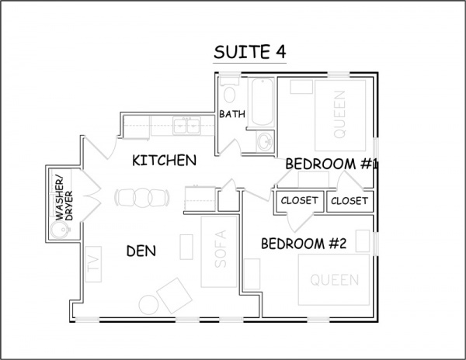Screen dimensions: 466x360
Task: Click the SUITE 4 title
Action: (x=249, y=52)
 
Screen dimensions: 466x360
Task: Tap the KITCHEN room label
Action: (x=164, y=161)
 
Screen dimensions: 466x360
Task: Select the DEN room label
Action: (x=141, y=251)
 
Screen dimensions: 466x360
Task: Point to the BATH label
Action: (x=232, y=114)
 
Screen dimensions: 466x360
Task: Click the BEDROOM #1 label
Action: (x=331, y=164)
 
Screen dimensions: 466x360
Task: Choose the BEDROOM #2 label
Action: (x=304, y=244)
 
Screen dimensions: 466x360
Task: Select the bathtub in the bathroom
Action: (x=262, y=102)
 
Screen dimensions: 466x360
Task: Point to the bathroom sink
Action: (x=264, y=141)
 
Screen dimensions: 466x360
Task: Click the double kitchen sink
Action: (x=187, y=126)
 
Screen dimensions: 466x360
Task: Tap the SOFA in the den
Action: (x=219, y=251)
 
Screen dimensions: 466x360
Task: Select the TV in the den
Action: (x=93, y=264)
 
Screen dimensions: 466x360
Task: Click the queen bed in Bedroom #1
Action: (x=340, y=115)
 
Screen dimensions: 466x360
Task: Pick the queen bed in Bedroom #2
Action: (x=334, y=279)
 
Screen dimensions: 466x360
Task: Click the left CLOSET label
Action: (x=299, y=201)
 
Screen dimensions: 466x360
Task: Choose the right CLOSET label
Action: (x=349, y=201)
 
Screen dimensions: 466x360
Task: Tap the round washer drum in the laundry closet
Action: (x=60, y=230)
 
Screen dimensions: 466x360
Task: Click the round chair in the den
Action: (x=149, y=305)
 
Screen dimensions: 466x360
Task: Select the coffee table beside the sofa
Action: (x=186, y=247)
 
